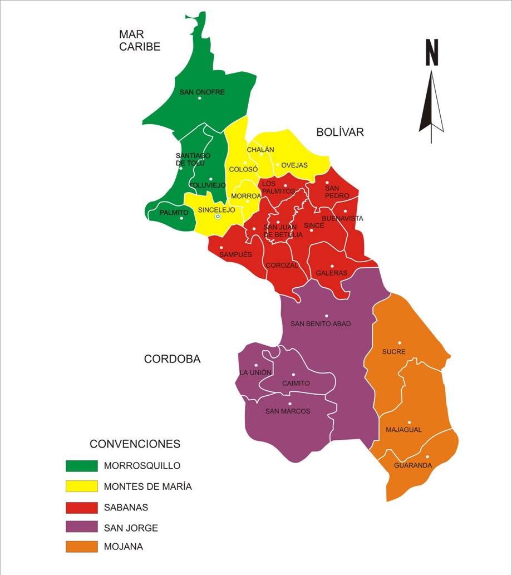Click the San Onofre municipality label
pyautogui.click(x=202, y=92)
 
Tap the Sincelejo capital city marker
pyautogui.click(x=218, y=217)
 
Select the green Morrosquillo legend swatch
pyautogui.click(x=81, y=465)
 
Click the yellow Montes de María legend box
pyautogui.click(x=81, y=486)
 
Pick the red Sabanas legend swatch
pyautogui.click(x=81, y=507)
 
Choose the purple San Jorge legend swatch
pyautogui.click(x=81, y=527)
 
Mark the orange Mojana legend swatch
pyautogui.click(x=81, y=547)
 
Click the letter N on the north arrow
pyautogui.click(x=431, y=53)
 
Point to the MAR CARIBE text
pyautogui.click(x=139, y=41)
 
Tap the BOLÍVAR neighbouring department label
pyautogui.click(x=339, y=132)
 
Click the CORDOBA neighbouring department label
pyautogui.click(x=172, y=359)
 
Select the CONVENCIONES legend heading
pyautogui.click(x=135, y=444)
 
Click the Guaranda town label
pyautogui.click(x=412, y=465)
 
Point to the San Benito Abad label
pyautogui.click(x=321, y=323)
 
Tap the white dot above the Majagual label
pyautogui.click(x=408, y=422)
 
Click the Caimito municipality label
pyautogui.click(x=296, y=384)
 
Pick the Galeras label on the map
pyautogui.click(x=331, y=273)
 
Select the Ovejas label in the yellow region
pyautogui.click(x=294, y=165)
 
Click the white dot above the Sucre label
pyautogui.click(x=399, y=343)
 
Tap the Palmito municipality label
pyautogui.click(x=174, y=213)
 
